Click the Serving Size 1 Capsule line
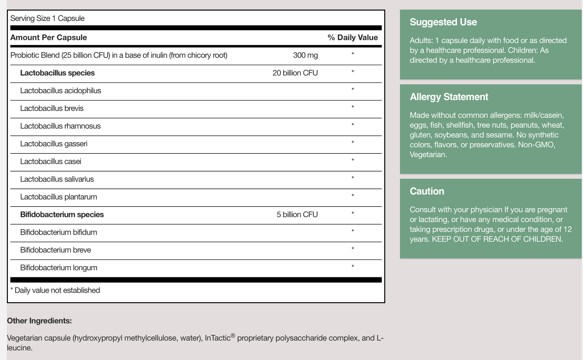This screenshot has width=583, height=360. tap(47, 18)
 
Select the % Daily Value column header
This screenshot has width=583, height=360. tap(353, 37)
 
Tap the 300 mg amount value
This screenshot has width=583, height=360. tap(305, 55)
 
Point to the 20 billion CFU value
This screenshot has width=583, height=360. tap(295, 73)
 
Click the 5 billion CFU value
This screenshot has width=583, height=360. tap(297, 214)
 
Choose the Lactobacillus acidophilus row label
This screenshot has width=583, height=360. tap(61, 91)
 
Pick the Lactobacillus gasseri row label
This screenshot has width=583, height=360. tap(54, 144)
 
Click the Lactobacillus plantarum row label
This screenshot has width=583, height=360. tap(58, 197)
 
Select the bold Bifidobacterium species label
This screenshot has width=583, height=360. tap(62, 214)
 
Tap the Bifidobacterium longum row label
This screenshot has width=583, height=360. tap(58, 267)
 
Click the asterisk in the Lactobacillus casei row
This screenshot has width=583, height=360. tap(353, 160)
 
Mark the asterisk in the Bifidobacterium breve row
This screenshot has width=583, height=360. tap(353, 249)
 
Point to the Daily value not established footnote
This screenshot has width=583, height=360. tap(55, 290)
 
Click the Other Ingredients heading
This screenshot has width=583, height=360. tap(39, 321)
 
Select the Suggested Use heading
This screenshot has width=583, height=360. tap(443, 22)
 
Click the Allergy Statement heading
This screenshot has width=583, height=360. tap(449, 97)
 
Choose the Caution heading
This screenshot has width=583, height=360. tap(427, 191)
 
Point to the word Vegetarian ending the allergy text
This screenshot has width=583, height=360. tap(428, 155)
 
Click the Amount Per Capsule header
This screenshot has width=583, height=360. tap(49, 37)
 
